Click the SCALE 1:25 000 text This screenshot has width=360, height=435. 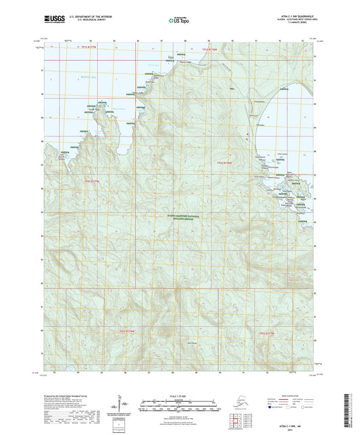pyautogui.click(x=179, y=395)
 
